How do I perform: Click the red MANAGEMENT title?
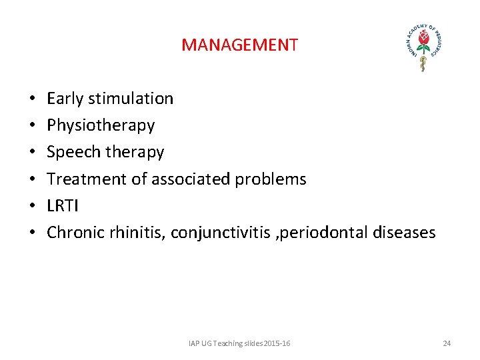click(x=239, y=45)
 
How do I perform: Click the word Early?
click(x=65, y=99)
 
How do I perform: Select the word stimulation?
click(x=130, y=99)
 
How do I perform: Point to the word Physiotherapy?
click(x=101, y=125)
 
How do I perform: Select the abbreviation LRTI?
click(x=63, y=205)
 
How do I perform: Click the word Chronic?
click(x=73, y=233)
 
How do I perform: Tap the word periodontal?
click(x=317, y=233)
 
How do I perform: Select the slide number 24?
click(x=447, y=343)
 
